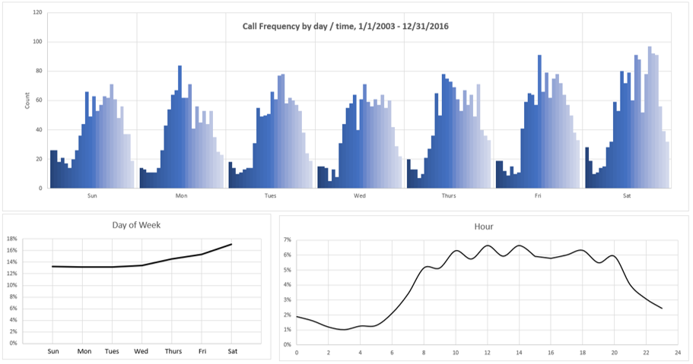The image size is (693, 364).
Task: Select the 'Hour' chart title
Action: [483, 226]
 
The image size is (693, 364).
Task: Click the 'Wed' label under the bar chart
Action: [359, 195]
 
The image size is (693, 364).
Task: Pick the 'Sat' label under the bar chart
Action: [626, 195]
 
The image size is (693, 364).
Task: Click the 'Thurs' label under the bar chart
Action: [449, 195]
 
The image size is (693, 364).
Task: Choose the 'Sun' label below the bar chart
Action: [92, 195]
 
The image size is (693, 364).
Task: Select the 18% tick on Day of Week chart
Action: [12, 239]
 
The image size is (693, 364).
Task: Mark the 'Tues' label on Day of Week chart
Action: [112, 351]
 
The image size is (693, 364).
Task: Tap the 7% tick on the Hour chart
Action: [287, 239]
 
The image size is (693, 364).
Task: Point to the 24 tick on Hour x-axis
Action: [678, 352]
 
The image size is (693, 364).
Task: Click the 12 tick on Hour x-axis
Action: [487, 352]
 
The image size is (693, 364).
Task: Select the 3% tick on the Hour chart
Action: [287, 299]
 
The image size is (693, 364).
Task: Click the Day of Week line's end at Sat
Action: [230, 244]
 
